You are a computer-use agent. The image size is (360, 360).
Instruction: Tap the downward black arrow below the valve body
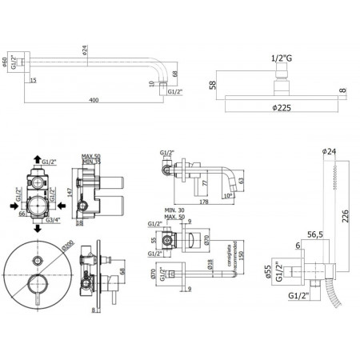coord(38,230)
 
